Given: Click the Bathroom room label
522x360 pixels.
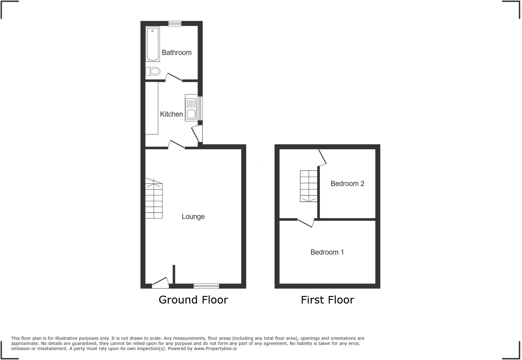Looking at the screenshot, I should [176, 53].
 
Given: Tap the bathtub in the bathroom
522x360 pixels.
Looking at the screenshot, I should [153, 44].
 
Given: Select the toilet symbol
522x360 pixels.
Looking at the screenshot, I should [153, 71].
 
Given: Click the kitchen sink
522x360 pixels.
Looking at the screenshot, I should [191, 108].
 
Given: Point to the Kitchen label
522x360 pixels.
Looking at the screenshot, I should [171, 114].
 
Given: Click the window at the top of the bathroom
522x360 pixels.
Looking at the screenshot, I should [175, 24].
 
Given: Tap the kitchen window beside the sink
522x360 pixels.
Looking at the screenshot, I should [200, 108].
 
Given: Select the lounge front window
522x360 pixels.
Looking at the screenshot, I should [206, 285].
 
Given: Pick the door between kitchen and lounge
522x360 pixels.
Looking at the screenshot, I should [176, 145].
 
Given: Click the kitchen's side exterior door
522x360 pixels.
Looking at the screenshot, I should [197, 133].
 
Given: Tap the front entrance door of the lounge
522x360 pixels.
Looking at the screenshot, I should [160, 282].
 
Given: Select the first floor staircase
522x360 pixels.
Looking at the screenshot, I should [308, 186].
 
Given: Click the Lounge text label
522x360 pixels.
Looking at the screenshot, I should [193, 217].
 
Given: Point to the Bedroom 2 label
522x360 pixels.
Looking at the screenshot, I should [347, 184].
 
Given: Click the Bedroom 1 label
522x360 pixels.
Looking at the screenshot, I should [327, 252].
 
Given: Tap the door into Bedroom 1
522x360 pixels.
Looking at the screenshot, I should [306, 223].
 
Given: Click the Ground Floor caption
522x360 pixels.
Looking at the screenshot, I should [193, 300].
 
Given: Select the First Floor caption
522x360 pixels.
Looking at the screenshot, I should [327, 300].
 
